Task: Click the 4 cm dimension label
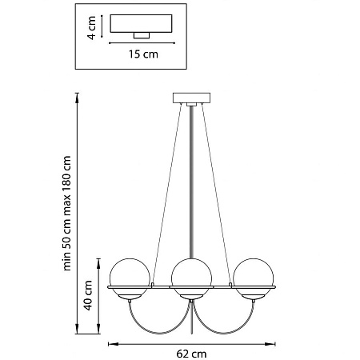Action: pos(91,28)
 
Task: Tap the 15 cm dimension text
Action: pos(143,54)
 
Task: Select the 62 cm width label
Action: pos(191,354)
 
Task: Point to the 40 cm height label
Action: pos(88,295)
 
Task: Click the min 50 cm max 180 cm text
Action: pos(66,214)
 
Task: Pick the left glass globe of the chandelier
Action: pos(130,278)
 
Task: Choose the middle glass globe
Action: pos(191,278)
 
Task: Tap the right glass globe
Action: pos(254,278)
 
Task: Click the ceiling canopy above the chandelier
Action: pos(191,98)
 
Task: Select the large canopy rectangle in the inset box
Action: pos(141,23)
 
